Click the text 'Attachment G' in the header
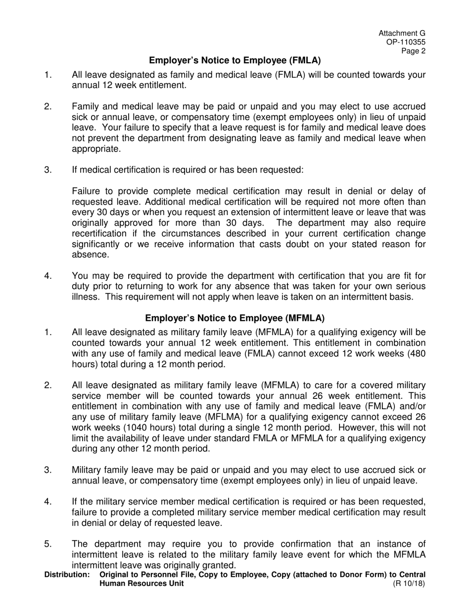click(x=402, y=33)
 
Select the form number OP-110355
click(x=406, y=42)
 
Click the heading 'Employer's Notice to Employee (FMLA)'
click(x=235, y=61)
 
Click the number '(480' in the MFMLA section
click(x=414, y=353)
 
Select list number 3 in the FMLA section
click(x=48, y=170)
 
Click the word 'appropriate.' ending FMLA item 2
click(x=96, y=149)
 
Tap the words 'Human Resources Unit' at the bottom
click(x=141, y=583)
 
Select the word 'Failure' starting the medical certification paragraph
click(x=86, y=191)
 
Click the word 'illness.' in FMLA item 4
click(x=87, y=297)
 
